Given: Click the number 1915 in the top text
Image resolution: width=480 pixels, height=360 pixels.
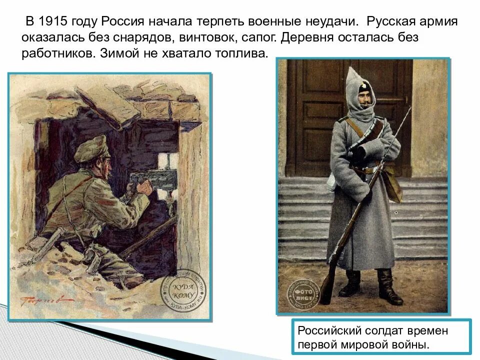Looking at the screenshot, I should (53, 22).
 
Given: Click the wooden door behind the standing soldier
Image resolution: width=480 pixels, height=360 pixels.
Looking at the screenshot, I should (320, 115).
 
